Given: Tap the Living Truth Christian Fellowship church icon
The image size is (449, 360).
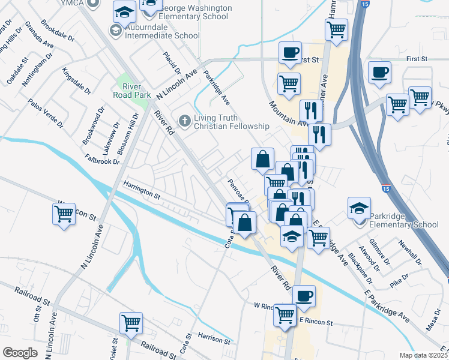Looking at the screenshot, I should (x=185, y=121).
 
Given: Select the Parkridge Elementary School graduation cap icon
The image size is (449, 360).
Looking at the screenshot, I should (x=359, y=208).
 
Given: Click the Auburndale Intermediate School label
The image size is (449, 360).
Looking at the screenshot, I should (x=162, y=35).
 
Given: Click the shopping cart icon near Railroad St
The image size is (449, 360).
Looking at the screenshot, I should (x=130, y=322).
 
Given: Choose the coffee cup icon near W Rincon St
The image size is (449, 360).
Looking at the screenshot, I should (x=304, y=295).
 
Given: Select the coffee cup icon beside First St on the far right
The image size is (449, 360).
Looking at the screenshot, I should (x=379, y=73).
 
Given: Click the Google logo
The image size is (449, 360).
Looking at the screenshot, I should (x=19, y=352).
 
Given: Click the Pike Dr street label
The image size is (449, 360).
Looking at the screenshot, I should (x=399, y=279).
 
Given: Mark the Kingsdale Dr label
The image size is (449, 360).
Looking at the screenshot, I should (x=76, y=82).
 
